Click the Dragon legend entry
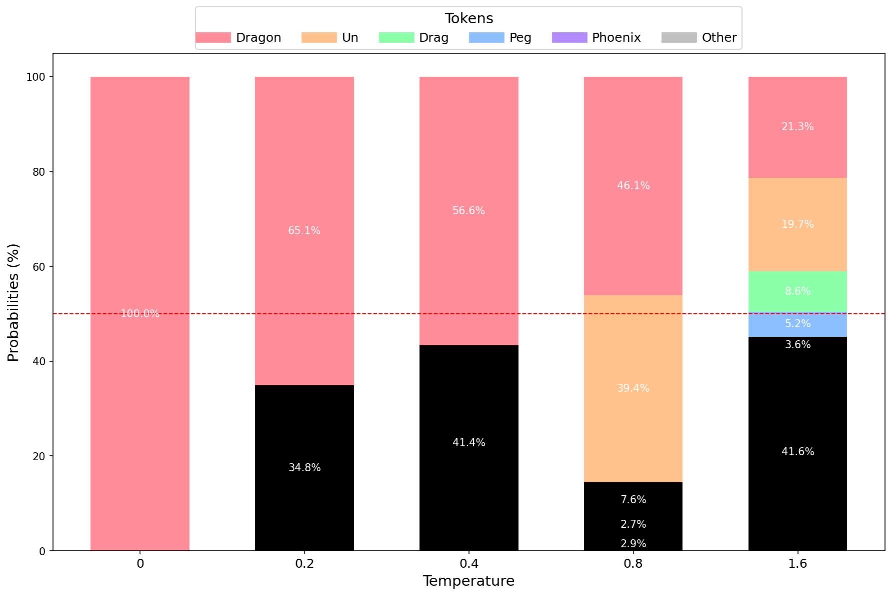[238, 38]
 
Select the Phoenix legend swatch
[569, 38]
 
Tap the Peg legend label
[520, 38]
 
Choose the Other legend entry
[699, 38]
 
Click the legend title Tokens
[469, 19]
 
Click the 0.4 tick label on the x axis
[469, 564]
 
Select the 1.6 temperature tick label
[797, 564]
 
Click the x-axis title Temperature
[469, 581]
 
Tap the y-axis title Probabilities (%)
[13, 302]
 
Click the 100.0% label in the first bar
[140, 314]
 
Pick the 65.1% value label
[304, 231]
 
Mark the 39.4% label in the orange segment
[633, 388]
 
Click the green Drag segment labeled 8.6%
[798, 291]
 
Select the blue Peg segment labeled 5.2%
[798, 324]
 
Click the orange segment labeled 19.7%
[798, 224]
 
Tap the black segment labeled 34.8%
[304, 468]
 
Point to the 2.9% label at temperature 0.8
[633, 544]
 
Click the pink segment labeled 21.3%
[798, 127]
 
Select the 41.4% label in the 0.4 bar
[469, 443]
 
